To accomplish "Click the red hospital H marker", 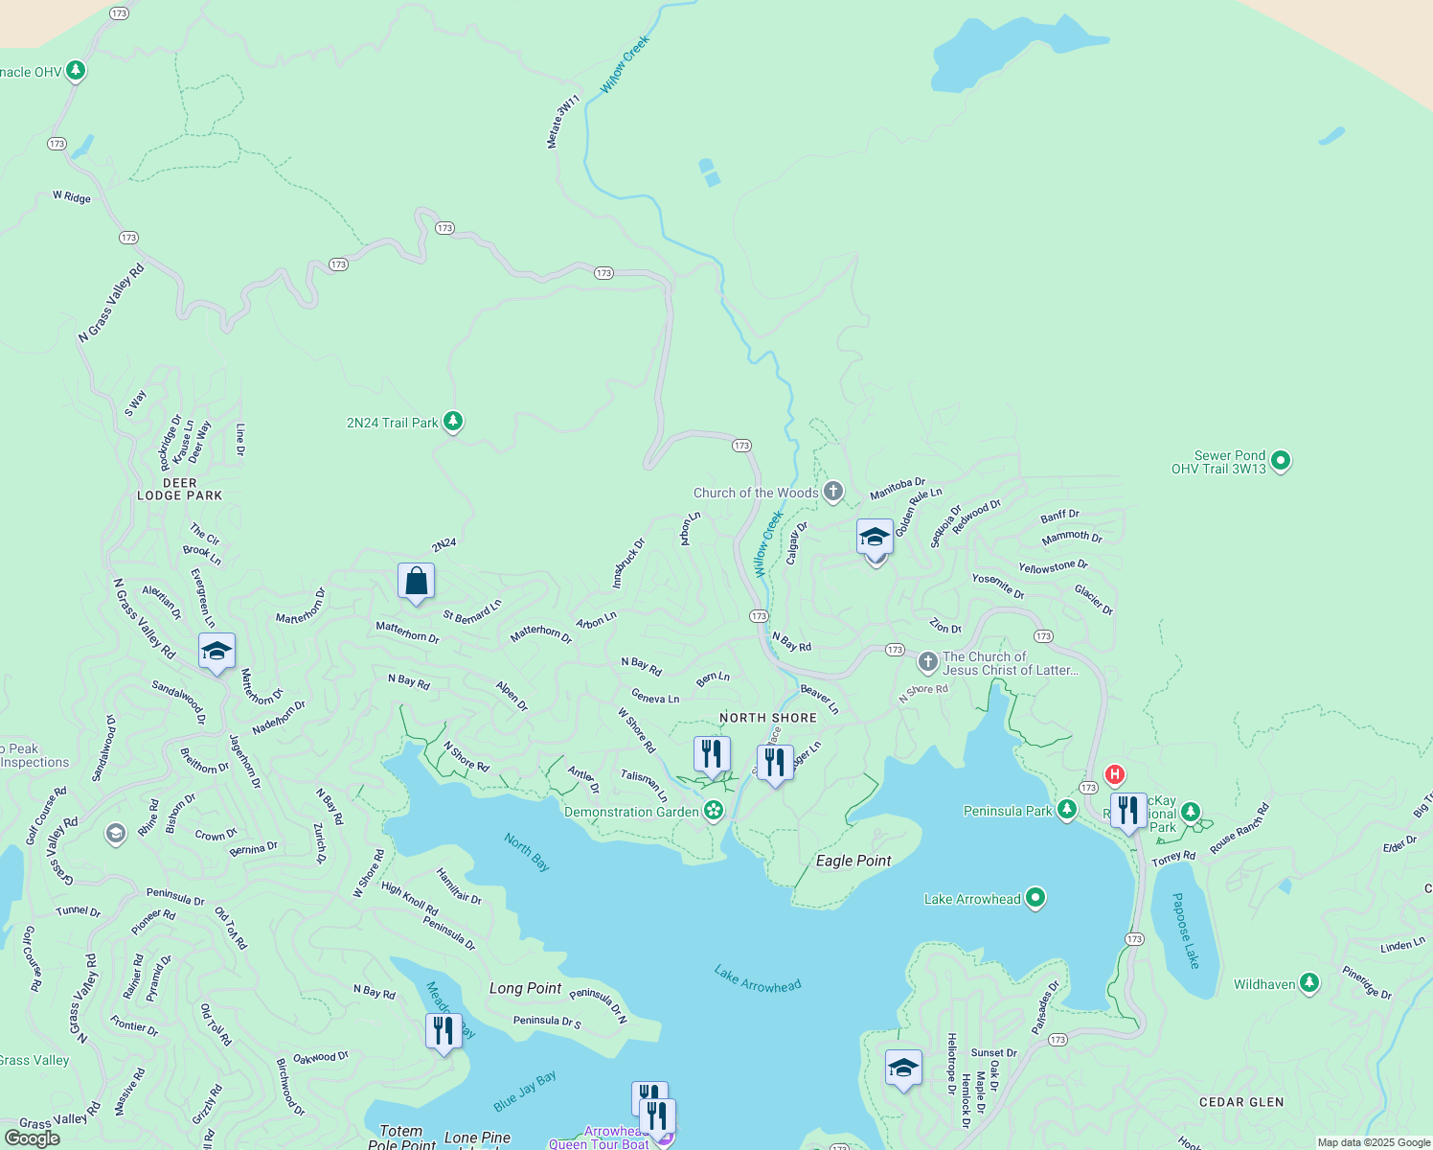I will pyautogui.click(x=1114, y=773).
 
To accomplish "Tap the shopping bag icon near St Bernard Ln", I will pyautogui.click(x=416, y=582).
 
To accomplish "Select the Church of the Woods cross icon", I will pyautogui.click(x=833, y=493).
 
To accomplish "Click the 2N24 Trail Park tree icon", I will pyautogui.click(x=453, y=422).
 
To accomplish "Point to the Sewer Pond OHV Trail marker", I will pyautogui.click(x=1281, y=462).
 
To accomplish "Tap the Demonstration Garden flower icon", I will pyautogui.click(x=714, y=812).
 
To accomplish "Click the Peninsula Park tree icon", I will pyautogui.click(x=1066, y=811).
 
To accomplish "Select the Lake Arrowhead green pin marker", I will pyautogui.click(x=1035, y=899).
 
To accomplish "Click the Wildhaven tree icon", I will pyautogui.click(x=1309, y=984).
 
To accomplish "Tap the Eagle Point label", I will pyautogui.click(x=853, y=861).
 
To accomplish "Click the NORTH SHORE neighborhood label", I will pyautogui.click(x=768, y=718).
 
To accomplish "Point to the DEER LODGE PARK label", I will pyautogui.click(x=179, y=490).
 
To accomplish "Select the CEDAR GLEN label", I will pyautogui.click(x=1241, y=1102).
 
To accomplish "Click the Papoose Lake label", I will pyautogui.click(x=1185, y=931).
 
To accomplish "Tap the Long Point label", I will pyautogui.click(x=525, y=988).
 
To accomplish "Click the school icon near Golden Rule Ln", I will pyautogui.click(x=875, y=538).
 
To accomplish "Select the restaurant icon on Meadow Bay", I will pyautogui.click(x=443, y=1031).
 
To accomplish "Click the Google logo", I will pyautogui.click(x=32, y=1138).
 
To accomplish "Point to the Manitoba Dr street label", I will pyautogui.click(x=898, y=489).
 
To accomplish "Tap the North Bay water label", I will pyautogui.click(x=527, y=852).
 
